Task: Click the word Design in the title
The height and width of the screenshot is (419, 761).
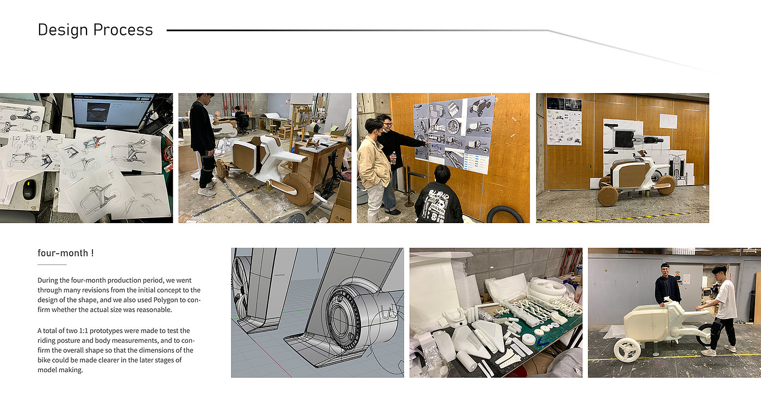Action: [63, 30]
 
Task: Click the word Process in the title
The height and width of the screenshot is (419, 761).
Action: [123, 30]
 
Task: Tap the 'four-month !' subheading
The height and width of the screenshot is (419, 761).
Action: [66, 253]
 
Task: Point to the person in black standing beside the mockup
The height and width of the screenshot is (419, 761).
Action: [203, 145]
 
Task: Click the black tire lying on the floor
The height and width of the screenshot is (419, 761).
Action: [505, 214]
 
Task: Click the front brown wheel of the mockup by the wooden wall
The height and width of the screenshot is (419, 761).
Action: [608, 196]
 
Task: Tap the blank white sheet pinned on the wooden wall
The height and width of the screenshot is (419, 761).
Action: [668, 121]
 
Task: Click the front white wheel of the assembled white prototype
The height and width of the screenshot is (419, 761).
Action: [627, 350]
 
